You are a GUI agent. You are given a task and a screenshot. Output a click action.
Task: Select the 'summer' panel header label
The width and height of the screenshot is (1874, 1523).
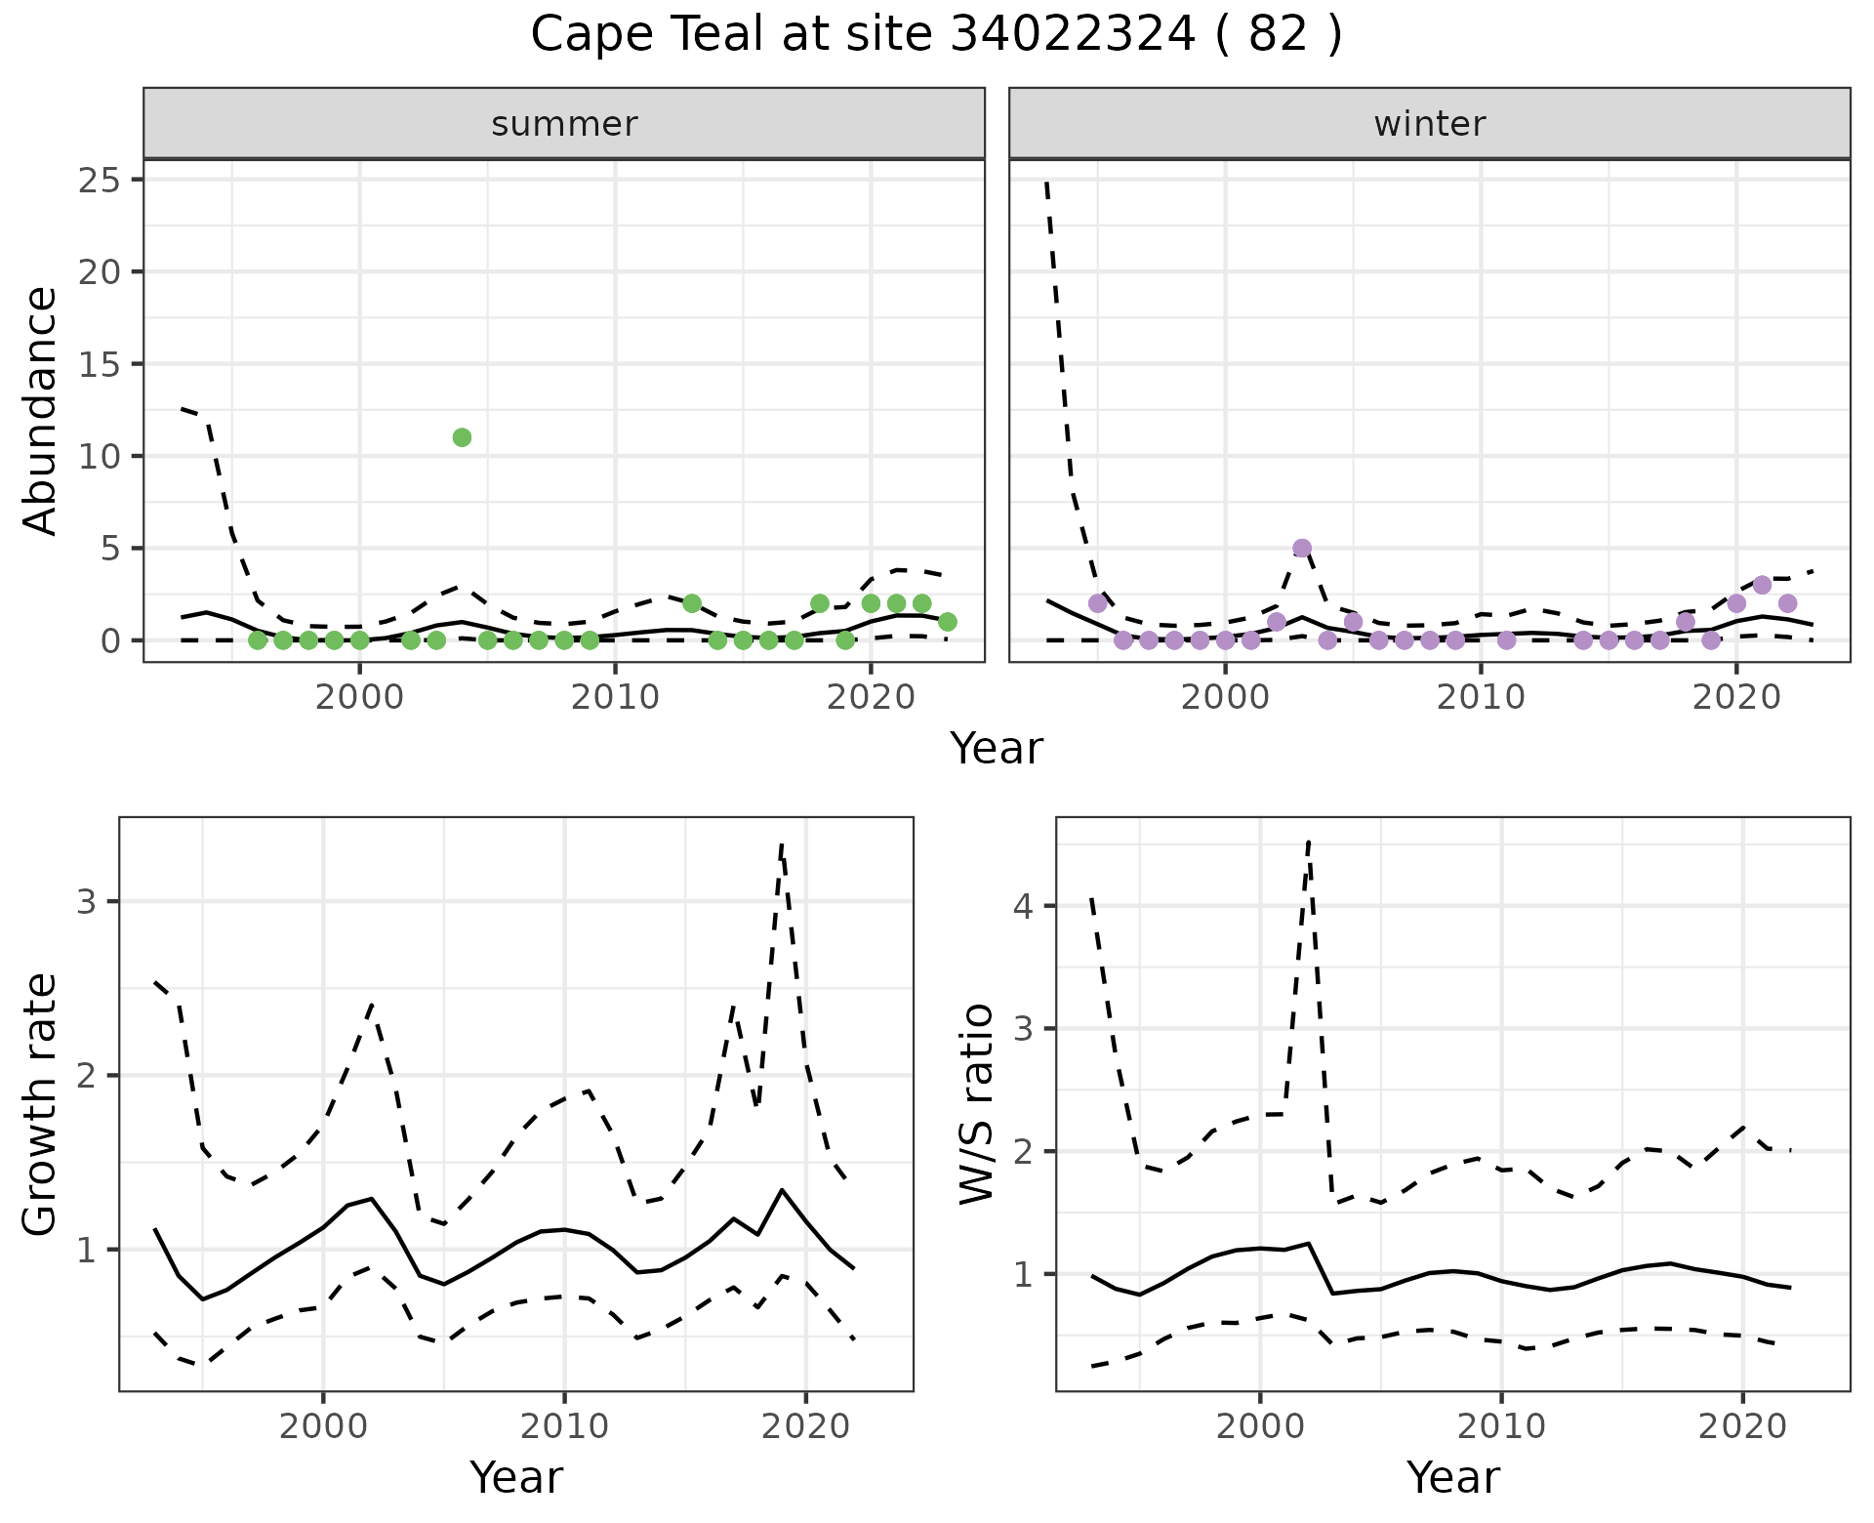click(564, 124)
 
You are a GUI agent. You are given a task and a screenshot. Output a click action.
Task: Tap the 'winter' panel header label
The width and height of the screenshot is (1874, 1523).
click(1429, 124)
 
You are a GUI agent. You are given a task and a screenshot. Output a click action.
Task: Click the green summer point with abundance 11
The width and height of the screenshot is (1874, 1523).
click(462, 437)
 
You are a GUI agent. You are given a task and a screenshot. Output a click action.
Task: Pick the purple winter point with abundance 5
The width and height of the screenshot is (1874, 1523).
click(1301, 548)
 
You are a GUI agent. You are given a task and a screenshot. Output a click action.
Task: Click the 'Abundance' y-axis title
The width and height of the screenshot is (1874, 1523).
click(40, 411)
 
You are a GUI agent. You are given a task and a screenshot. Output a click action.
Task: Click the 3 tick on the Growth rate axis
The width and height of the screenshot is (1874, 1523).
click(87, 901)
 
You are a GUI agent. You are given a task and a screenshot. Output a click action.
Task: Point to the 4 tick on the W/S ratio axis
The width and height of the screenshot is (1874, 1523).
click(1023, 906)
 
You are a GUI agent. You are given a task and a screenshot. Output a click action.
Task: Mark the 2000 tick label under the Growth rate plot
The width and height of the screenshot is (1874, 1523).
click(323, 1426)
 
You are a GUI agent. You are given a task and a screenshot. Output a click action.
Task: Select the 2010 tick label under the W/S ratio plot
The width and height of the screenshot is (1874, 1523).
click(1501, 1426)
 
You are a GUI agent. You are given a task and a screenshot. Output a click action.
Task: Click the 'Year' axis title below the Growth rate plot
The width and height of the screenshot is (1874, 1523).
click(515, 1477)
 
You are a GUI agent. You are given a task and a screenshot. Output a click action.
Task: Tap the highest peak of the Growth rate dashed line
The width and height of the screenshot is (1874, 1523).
click(782, 844)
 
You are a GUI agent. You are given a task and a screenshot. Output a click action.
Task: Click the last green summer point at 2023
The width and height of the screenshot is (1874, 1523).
click(947, 622)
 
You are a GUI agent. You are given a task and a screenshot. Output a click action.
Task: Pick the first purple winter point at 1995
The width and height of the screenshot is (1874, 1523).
click(1097, 603)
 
